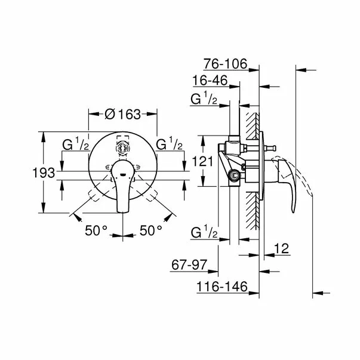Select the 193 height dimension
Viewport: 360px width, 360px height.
44,173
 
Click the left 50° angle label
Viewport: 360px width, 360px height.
96,229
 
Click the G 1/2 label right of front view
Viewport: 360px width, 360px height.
168,145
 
